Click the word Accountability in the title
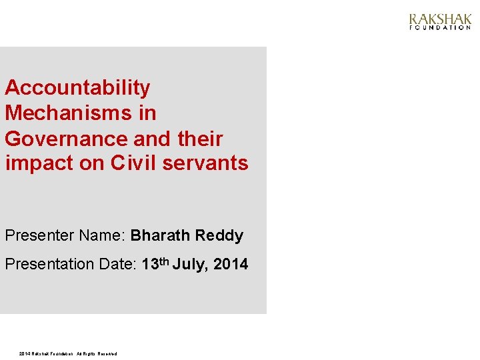pyautogui.click(x=77, y=87)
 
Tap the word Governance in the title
pyautogui.click(x=67, y=139)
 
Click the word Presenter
pyautogui.click(x=39, y=236)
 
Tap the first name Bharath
pyautogui.click(x=159, y=236)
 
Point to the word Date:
pyautogui.click(x=118, y=265)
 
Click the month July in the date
pyautogui.click(x=191, y=265)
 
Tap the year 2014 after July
pyautogui.click(x=231, y=265)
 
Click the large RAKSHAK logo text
pyautogui.click(x=439, y=19)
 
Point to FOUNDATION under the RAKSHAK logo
pyautogui.click(x=439, y=28)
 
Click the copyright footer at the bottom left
pyautogui.click(x=68, y=353)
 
